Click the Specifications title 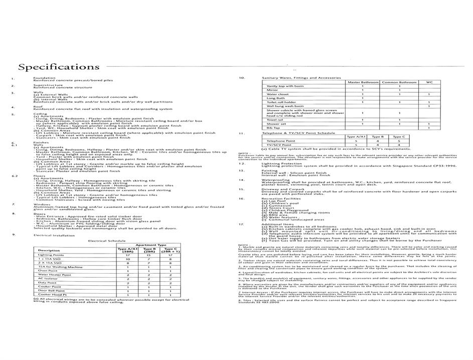(59, 67)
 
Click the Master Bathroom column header (362, 82)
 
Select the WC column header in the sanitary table (429, 82)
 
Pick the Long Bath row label (276, 98)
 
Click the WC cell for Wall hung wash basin (429, 106)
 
